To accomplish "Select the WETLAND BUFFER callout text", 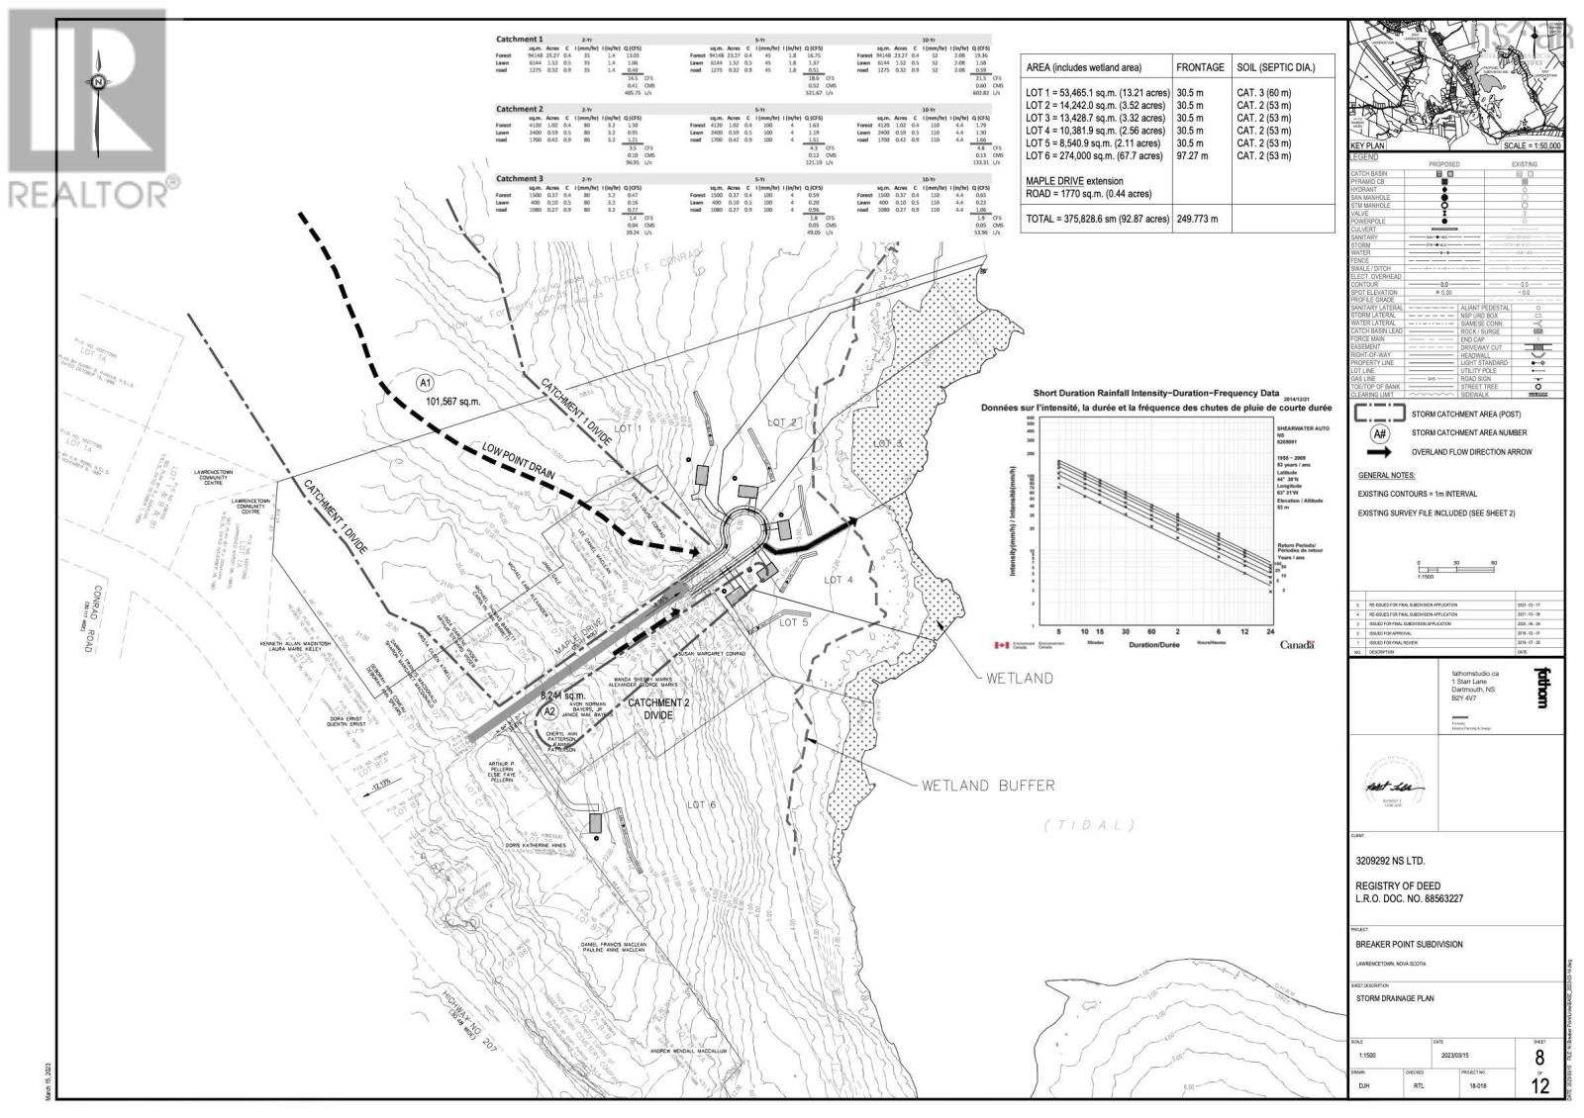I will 987,786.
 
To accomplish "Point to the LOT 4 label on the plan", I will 838,579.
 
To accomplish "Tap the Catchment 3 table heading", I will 520,179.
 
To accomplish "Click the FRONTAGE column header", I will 1199,67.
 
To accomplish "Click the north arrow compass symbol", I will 98,84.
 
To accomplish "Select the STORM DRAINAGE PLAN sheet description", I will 1395,998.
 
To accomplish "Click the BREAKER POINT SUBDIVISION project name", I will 1409,944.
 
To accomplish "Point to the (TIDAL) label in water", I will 1089,825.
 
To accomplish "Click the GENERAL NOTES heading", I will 1386,476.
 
